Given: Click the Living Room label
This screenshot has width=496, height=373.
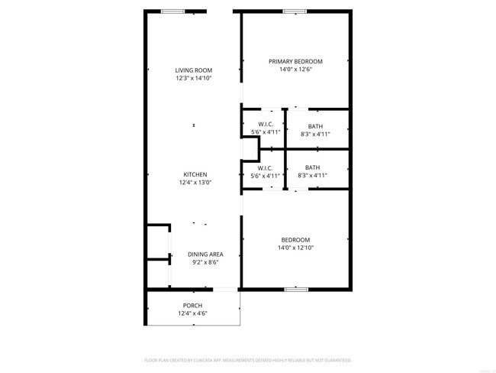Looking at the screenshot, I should (194, 70).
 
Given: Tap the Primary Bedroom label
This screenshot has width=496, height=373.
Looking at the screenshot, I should (295, 61).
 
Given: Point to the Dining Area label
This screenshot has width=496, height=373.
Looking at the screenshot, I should (206, 255).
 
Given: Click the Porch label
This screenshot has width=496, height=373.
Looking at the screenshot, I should (192, 305).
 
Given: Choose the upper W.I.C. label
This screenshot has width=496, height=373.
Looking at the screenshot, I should (266, 125).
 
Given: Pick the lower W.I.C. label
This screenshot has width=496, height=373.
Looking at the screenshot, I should (266, 168).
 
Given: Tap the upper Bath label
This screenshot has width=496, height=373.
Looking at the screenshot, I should (315, 126).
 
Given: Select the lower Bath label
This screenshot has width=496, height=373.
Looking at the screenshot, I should (313, 168).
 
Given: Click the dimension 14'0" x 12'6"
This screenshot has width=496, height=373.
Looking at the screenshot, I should (295, 69).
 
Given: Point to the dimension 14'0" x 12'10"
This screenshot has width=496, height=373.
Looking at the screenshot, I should (295, 248).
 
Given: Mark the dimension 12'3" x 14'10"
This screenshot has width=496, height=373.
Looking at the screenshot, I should (194, 78).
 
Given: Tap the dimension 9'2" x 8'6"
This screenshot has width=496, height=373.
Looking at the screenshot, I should (206, 262).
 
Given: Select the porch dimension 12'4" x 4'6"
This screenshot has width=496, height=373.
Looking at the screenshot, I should (192, 313).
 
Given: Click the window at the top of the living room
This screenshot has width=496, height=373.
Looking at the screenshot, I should (172, 11).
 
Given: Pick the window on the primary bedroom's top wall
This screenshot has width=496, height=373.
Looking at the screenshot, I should (295, 11).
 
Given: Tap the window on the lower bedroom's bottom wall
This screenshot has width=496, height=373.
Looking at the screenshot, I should (296, 289).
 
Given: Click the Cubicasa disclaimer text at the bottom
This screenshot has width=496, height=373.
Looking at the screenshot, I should (248, 359).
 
